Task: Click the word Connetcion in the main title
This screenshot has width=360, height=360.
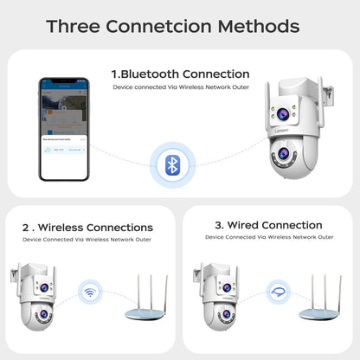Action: (x=172, y=26)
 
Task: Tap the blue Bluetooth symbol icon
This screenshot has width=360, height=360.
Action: (x=172, y=164)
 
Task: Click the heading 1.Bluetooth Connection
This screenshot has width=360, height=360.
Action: (x=180, y=74)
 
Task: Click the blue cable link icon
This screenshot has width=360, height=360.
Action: (x=277, y=292)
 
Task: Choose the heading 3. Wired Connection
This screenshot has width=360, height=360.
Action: (x=267, y=226)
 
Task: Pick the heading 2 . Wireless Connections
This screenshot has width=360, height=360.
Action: (x=87, y=228)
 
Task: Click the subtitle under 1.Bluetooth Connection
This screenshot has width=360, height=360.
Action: (x=180, y=87)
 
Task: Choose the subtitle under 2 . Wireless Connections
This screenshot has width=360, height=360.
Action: (x=87, y=239)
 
